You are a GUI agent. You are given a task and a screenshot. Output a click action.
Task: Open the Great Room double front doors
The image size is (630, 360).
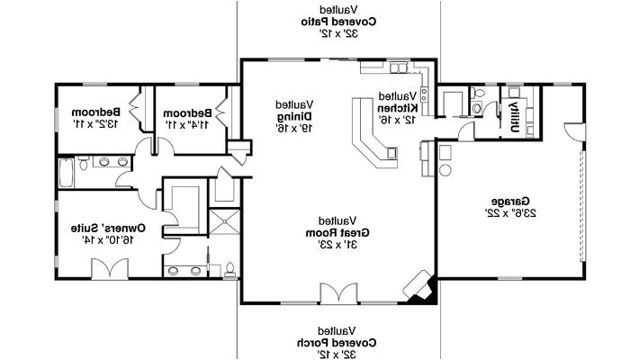coord(338,294)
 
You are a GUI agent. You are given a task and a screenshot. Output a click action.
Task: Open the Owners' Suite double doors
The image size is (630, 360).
coord(108,267)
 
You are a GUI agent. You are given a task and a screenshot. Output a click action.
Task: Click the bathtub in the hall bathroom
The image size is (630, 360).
coord(67,171)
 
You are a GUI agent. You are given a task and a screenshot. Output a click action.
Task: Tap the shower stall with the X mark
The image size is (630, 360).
coord(222,223)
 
